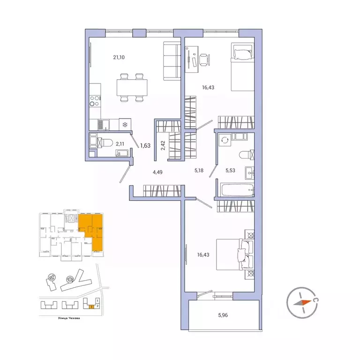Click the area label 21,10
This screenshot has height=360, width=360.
click(x=120, y=58)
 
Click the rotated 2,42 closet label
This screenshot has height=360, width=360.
click(x=163, y=145)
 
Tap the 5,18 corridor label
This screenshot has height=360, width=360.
click(x=199, y=171)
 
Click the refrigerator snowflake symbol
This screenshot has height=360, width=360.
click(x=125, y=124)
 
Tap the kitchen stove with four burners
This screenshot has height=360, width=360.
click(x=94, y=101)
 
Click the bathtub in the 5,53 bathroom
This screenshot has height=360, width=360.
click(x=237, y=191)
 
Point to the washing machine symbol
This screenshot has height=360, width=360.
click(x=225, y=140)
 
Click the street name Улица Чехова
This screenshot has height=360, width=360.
click(x=52, y=319)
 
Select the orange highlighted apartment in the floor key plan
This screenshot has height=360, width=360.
click(x=91, y=230)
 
